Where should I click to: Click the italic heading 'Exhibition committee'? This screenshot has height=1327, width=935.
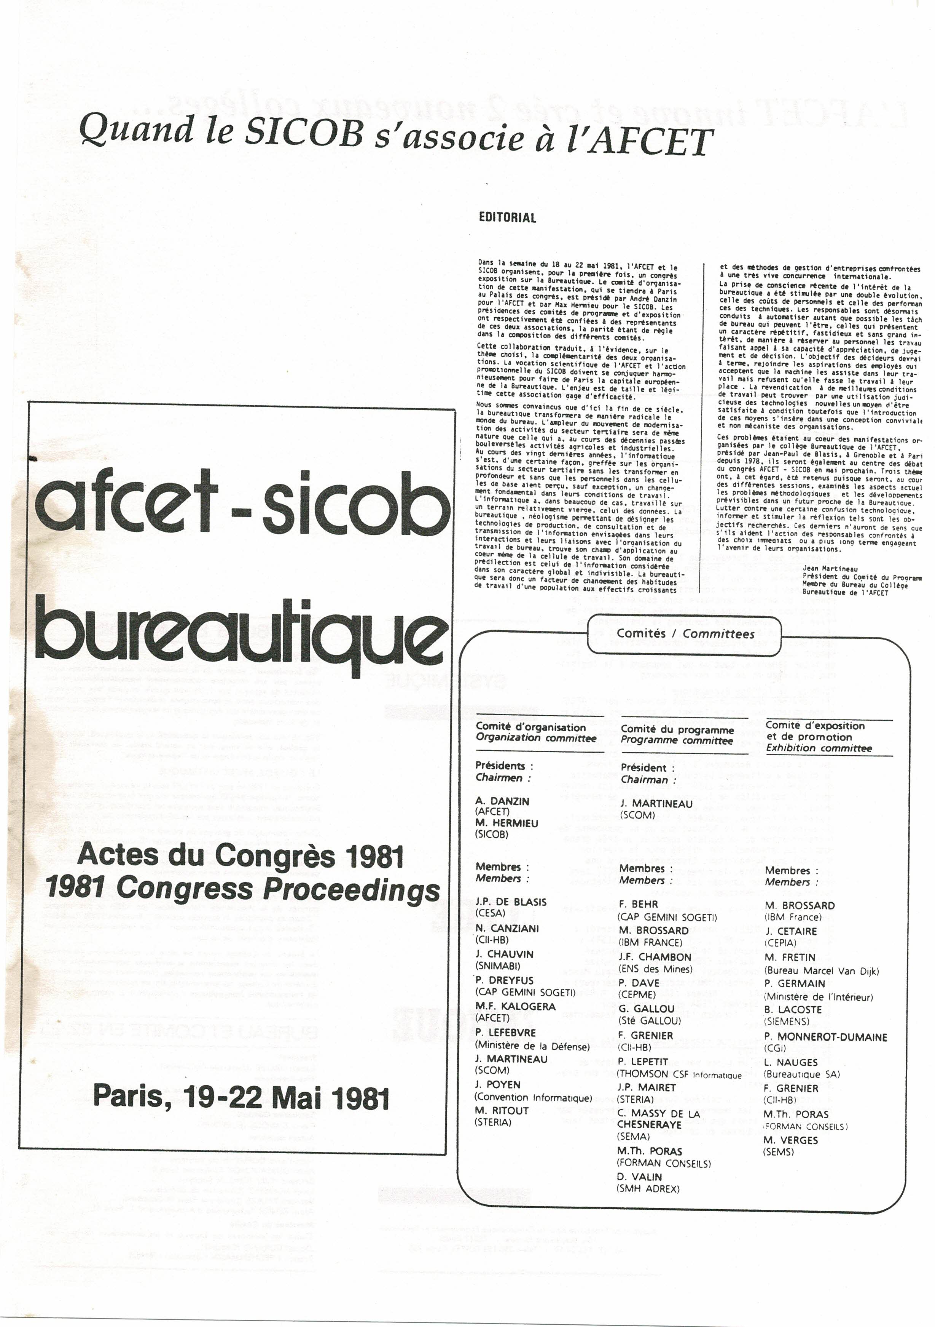click(x=818, y=748)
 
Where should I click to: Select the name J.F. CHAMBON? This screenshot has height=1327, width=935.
click(x=654, y=957)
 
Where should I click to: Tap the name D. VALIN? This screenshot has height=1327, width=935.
click(x=639, y=1177)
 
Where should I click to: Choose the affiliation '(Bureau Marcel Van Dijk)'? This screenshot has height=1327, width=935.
click(x=821, y=971)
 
